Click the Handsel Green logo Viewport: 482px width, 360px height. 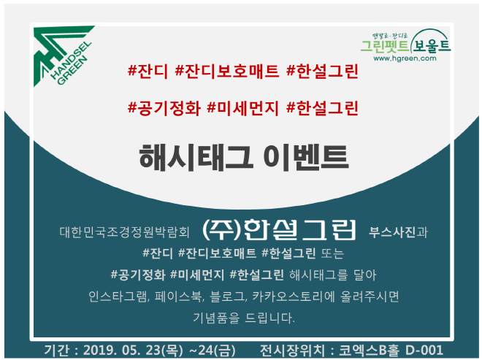(x=63, y=55)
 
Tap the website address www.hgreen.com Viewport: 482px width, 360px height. (x=405, y=58)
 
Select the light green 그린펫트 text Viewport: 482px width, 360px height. (x=385, y=46)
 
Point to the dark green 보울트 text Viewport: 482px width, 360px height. (x=432, y=45)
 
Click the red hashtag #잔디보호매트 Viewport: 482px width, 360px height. (x=227, y=71)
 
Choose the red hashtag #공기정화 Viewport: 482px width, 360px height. (x=164, y=108)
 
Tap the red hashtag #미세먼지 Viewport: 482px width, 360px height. (x=243, y=108)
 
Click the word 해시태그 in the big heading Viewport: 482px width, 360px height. (x=196, y=158)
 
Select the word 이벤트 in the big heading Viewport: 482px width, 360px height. (x=306, y=158)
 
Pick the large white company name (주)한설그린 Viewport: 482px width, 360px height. (x=279, y=229)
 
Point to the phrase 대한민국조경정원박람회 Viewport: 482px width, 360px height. (x=124, y=232)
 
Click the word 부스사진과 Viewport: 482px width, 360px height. (x=399, y=232)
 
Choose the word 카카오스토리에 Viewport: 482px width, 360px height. (x=294, y=296)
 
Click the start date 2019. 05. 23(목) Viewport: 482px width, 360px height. (x=133, y=351)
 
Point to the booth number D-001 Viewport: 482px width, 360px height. (x=424, y=351)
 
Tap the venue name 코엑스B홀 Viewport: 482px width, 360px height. (x=370, y=351)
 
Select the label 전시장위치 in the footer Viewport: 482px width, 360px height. (x=292, y=351)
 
